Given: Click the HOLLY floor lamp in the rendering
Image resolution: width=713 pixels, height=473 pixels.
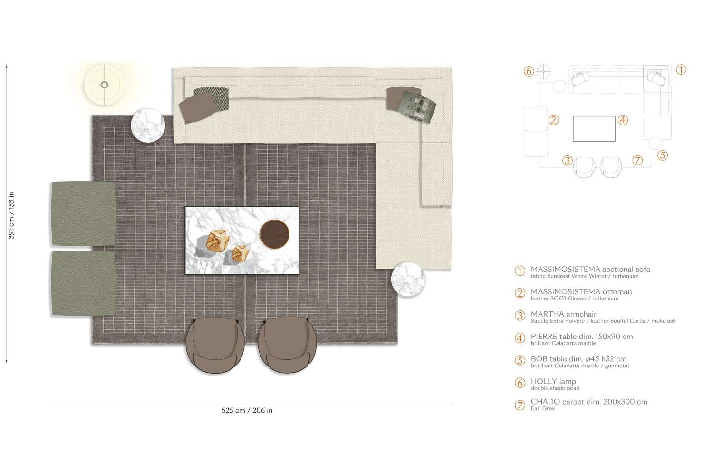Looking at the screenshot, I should tap(105, 85).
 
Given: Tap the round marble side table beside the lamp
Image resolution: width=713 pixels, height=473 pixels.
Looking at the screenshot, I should tap(148, 125).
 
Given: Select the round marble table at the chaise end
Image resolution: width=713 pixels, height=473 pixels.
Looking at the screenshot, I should tap(408, 280).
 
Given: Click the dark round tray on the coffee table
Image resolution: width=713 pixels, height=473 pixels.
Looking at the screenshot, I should tap(275, 234).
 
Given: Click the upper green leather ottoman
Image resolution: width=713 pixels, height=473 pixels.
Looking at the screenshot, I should tap(83, 213).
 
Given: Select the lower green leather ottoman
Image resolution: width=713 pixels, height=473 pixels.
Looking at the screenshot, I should tap(83, 283).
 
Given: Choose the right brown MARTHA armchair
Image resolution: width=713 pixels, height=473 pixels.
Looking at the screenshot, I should tap(287, 345).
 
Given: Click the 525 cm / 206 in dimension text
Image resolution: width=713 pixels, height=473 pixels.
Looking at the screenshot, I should tap(247, 410).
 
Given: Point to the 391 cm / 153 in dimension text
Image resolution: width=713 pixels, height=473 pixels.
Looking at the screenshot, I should tap(11, 215).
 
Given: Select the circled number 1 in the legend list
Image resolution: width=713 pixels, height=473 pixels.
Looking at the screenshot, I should tap(520, 271).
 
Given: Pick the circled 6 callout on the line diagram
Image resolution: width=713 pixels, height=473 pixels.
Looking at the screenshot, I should tap(529, 71).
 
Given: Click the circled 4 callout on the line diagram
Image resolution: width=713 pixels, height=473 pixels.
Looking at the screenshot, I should tap(623, 120).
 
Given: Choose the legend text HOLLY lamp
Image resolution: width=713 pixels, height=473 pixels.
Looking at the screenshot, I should tap(553, 381).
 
